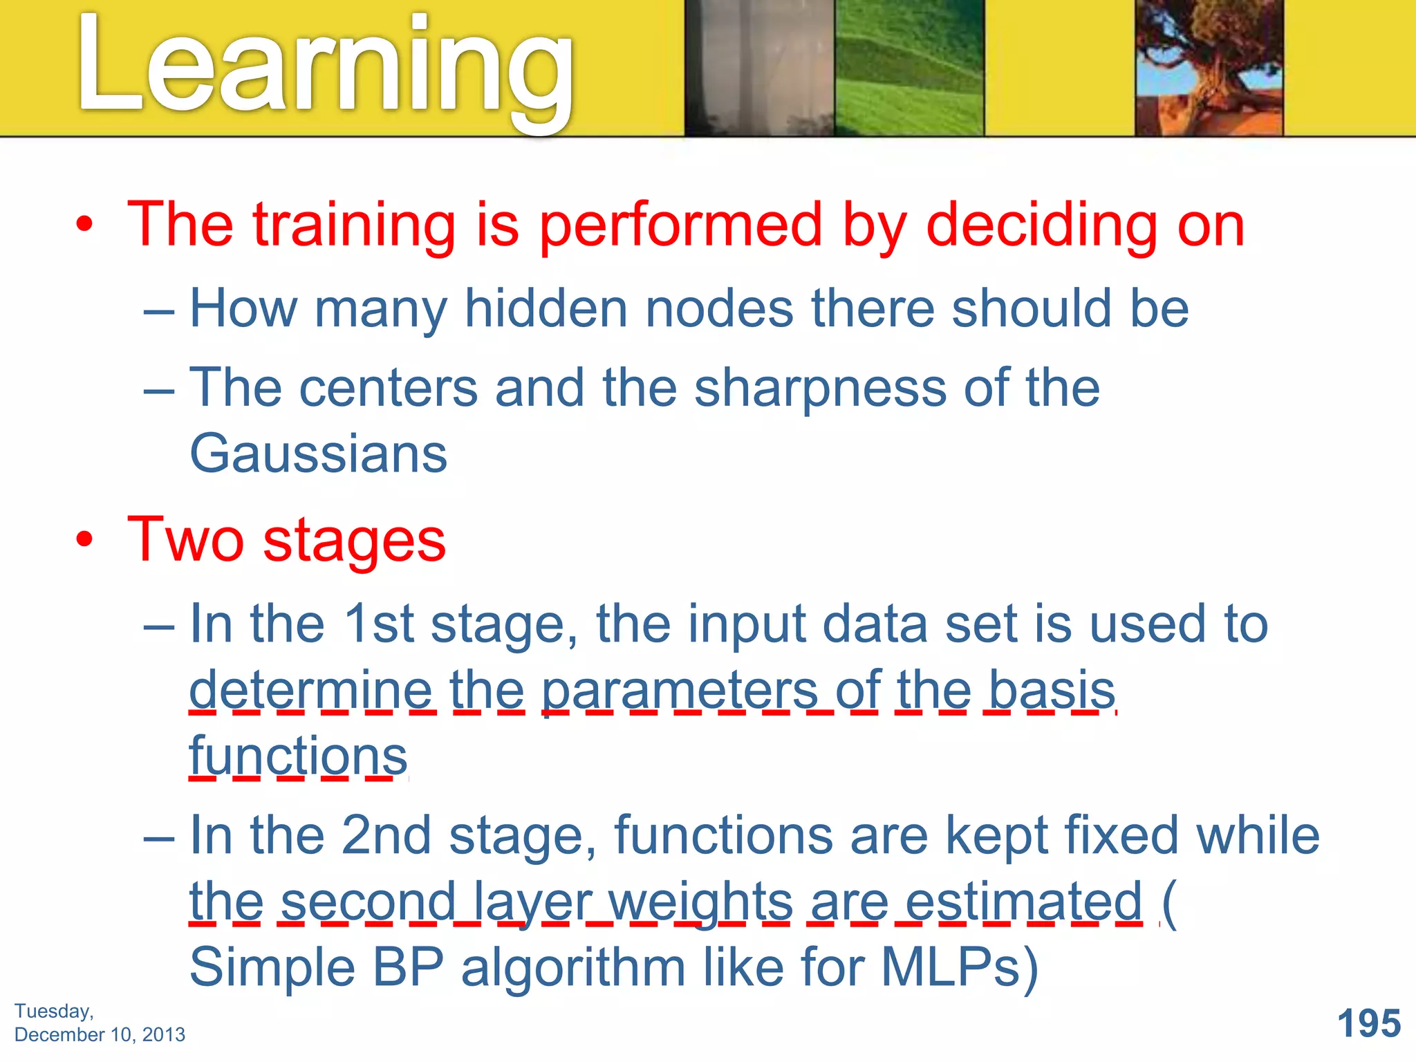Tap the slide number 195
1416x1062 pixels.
pos(1368,1023)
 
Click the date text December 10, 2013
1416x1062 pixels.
pos(100,1034)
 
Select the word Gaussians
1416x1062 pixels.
pos(319,454)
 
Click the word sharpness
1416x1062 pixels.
pos(820,389)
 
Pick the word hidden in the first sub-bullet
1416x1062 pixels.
pos(546,308)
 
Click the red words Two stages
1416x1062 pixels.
pos(287,540)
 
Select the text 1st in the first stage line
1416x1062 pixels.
pos(378,624)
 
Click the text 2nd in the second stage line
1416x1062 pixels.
pos(386,835)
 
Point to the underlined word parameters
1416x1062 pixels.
pos(680,690)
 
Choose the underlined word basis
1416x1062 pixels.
pos(1052,690)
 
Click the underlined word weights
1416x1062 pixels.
pos(700,902)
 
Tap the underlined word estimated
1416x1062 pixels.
pos(1023,902)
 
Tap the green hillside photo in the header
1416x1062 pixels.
pos(909,68)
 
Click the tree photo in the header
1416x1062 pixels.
pos(1209,68)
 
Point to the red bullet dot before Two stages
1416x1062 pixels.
pos(84,539)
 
